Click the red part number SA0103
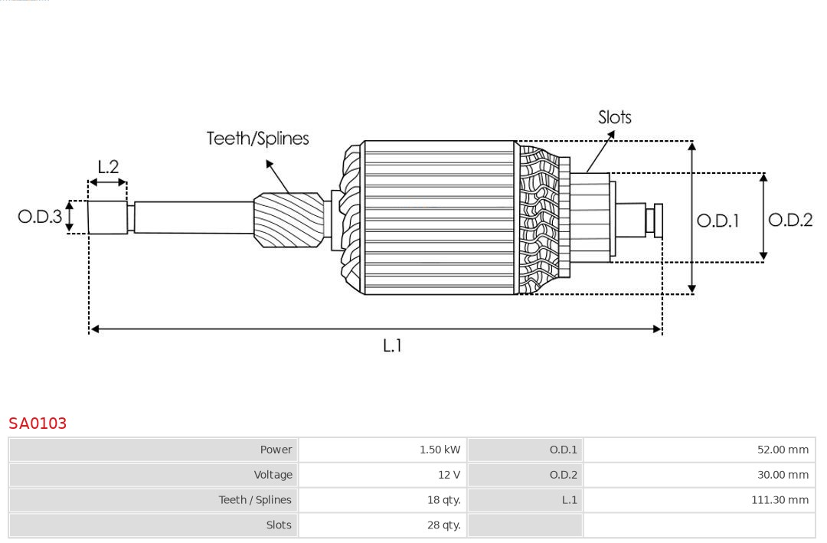pos(38,424)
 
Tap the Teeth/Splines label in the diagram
pos(257,139)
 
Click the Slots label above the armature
pos(614,117)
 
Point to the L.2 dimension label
pos(108,167)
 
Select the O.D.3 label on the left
pos(40,217)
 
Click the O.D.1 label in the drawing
pos(717,221)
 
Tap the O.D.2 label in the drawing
pos(789,221)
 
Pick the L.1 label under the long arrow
pos(392,346)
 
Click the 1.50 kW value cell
pos(440,450)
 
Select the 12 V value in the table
pos(449,475)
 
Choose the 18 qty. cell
pos(443,500)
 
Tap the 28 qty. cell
pos(443,525)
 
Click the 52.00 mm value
pos(783,450)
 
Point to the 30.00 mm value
pos(783,475)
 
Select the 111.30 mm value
pos(780,500)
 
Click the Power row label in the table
pos(276,450)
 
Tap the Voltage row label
pos(273,475)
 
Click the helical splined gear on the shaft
pos(289,219)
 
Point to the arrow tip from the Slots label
pos(613,132)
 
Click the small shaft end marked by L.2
pos(107,218)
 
